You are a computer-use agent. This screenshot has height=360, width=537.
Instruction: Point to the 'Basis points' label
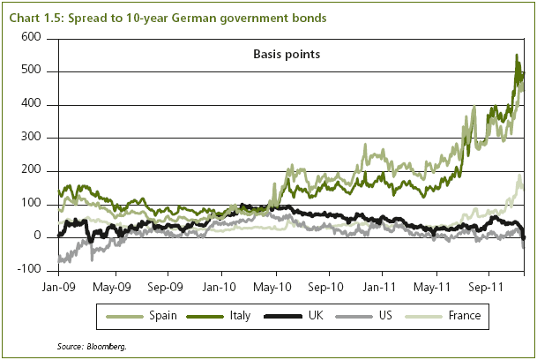click(x=280, y=55)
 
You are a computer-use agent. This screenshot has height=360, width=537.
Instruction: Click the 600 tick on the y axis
click(x=31, y=38)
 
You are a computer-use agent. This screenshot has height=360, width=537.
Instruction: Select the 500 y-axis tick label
click(x=31, y=71)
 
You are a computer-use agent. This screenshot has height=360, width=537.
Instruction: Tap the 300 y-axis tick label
click(x=31, y=138)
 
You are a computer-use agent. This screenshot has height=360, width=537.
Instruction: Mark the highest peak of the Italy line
click(x=517, y=56)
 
